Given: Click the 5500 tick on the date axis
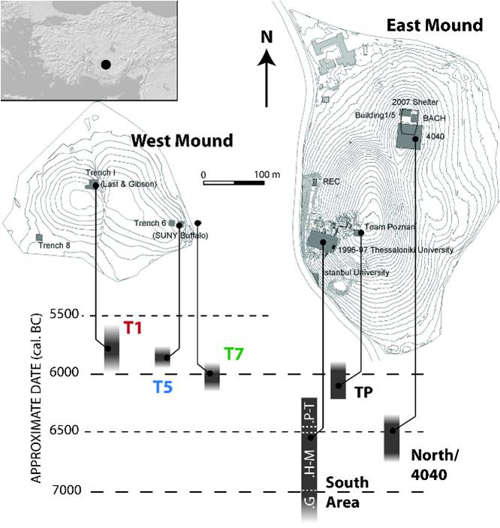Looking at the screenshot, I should point(65,315).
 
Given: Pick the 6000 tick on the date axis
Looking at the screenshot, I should point(65,373).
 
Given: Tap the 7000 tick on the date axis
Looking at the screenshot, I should point(65,490).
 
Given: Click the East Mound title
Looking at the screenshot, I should point(434,26).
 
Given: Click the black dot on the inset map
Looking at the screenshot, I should point(107,65).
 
